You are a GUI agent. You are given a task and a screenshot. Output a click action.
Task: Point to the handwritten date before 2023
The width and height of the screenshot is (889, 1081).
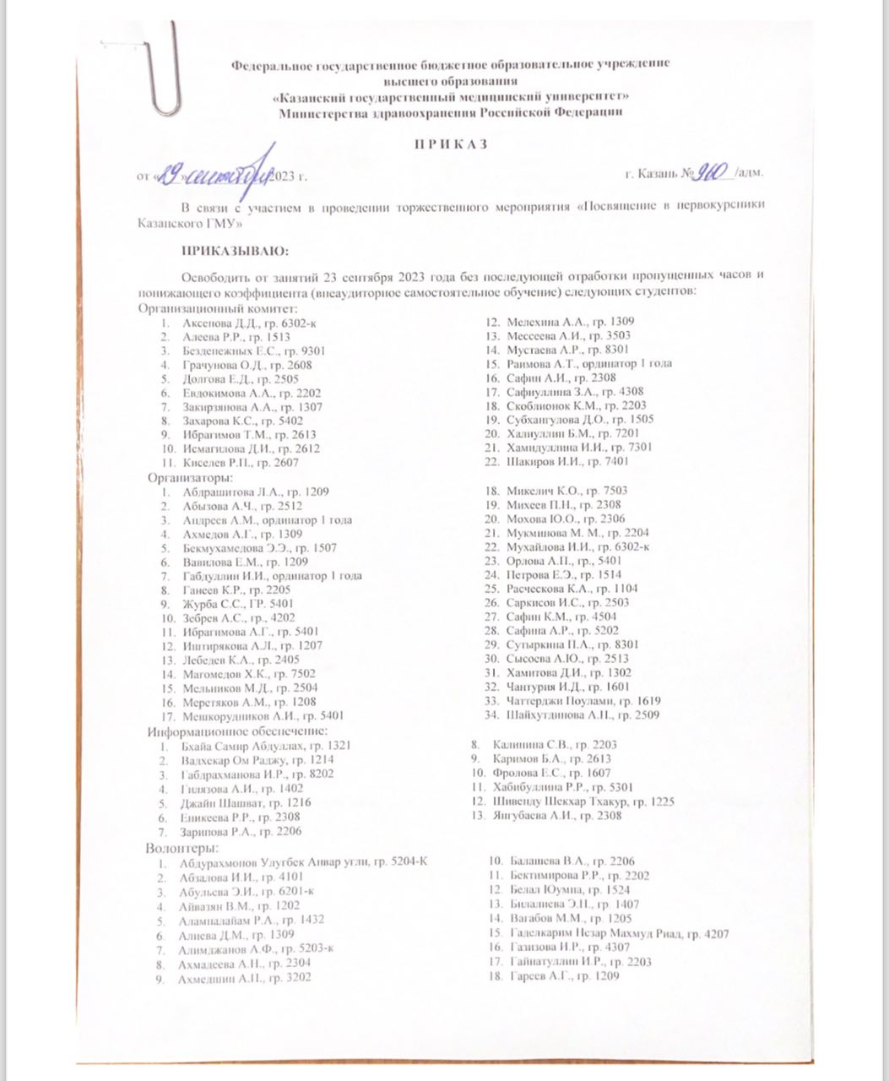(x=216, y=175)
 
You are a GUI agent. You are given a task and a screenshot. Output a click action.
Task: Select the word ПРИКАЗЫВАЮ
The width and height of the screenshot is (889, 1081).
(x=236, y=251)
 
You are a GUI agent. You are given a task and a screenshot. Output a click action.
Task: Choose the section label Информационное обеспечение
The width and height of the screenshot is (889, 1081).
(x=237, y=731)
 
